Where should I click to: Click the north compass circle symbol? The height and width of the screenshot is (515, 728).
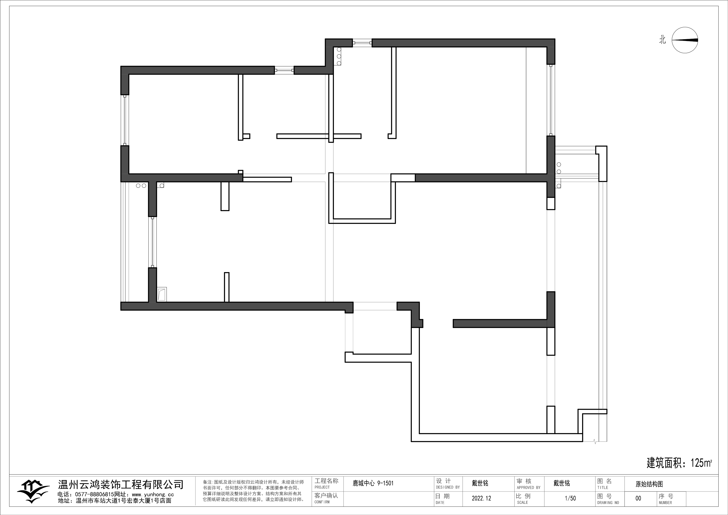685,40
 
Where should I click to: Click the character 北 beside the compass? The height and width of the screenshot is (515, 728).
662,40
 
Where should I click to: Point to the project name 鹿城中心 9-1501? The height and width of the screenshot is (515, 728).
373,483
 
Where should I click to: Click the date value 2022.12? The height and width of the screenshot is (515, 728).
481,498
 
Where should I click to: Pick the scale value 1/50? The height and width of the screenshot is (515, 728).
570,498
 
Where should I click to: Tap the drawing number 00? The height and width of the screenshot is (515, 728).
638,498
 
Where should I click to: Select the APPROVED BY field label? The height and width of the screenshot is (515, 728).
529,487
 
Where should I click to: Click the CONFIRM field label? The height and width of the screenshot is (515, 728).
322,502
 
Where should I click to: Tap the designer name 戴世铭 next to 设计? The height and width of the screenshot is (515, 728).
480,483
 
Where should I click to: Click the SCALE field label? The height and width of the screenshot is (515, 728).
522,503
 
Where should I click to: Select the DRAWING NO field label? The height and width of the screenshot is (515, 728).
608,503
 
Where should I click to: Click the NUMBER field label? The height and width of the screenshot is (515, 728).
665,503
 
